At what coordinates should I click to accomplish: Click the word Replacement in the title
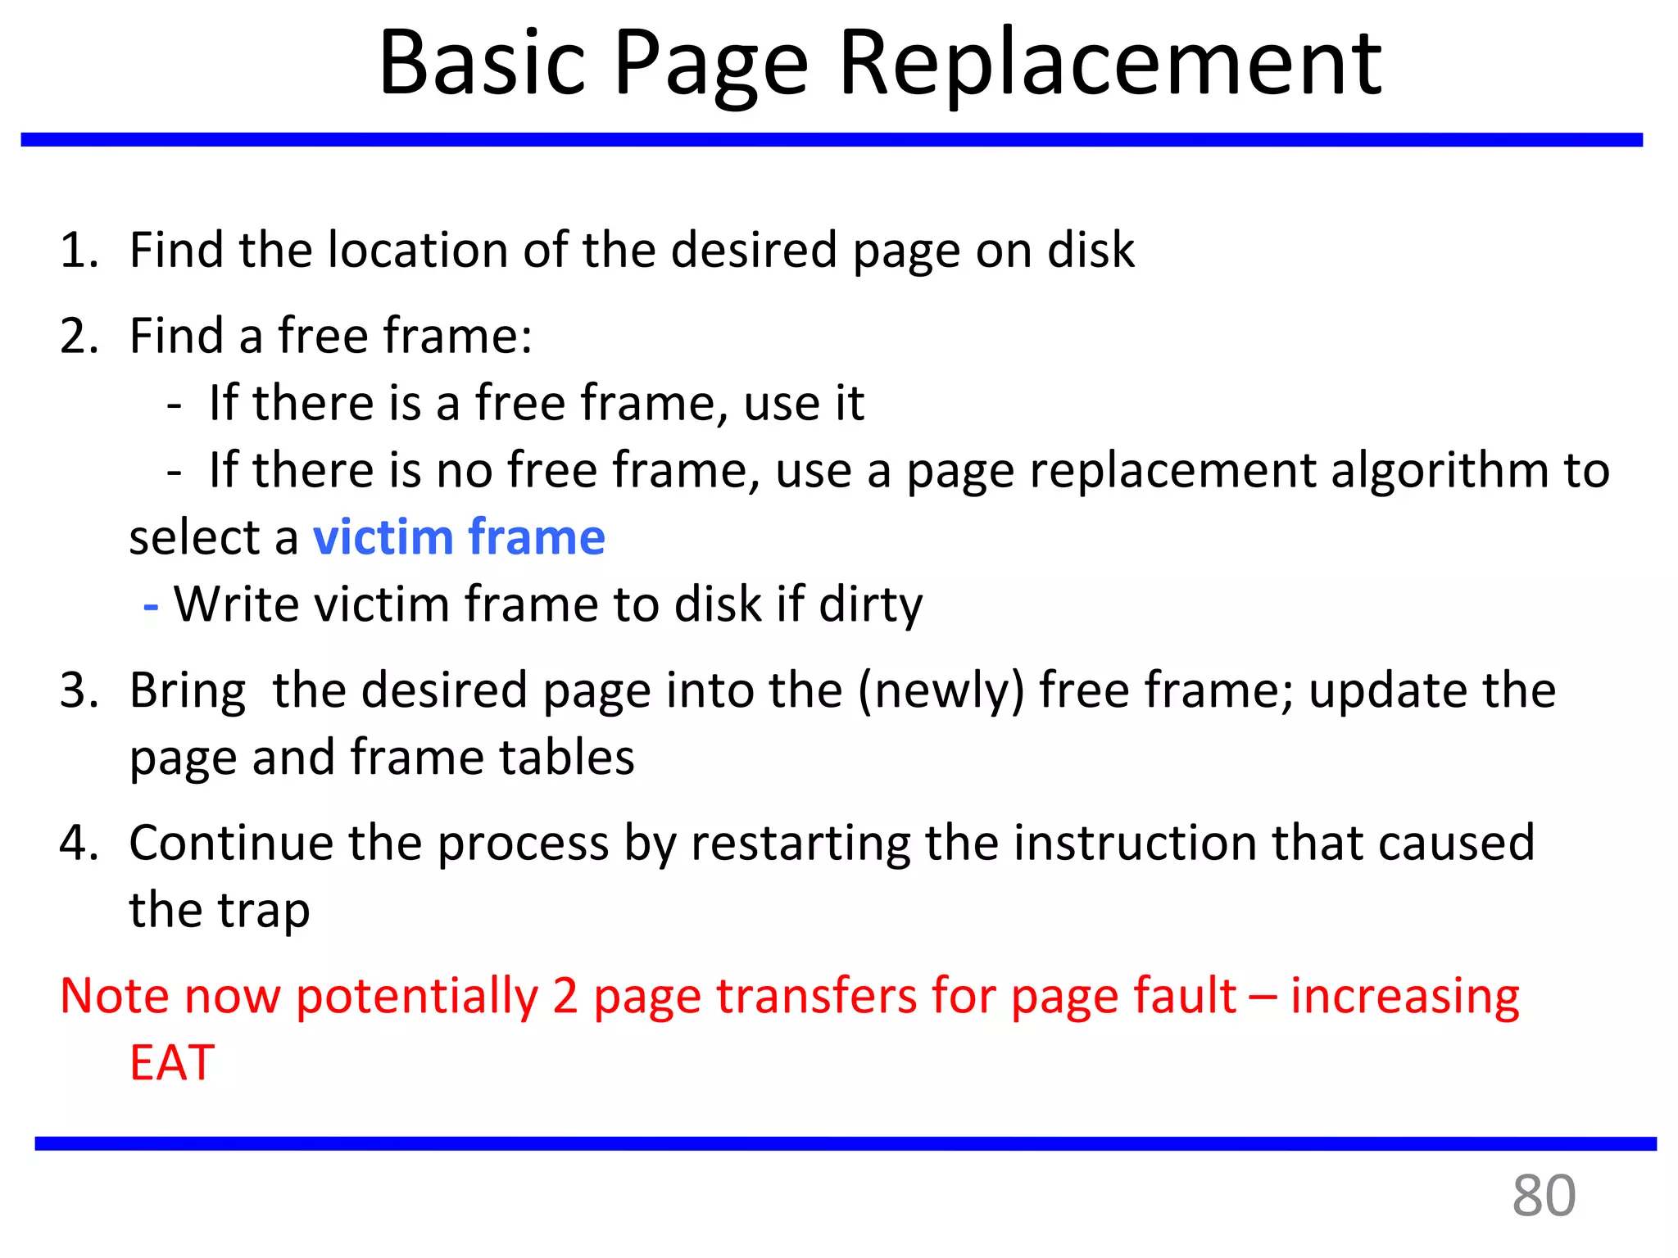click(x=1110, y=64)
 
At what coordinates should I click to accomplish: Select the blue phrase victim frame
click(x=459, y=537)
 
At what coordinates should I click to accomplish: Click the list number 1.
click(x=78, y=250)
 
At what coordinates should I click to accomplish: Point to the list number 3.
click(x=78, y=690)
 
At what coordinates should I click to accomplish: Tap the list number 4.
click(x=78, y=843)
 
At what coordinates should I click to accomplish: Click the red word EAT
click(x=172, y=1063)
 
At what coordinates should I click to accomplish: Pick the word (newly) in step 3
click(x=941, y=690)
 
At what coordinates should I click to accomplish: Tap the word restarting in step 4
click(x=800, y=843)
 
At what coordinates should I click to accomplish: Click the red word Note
click(x=115, y=996)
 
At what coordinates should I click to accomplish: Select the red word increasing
click(x=1404, y=996)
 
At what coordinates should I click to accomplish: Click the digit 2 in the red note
click(x=565, y=996)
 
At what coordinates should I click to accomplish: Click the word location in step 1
click(x=418, y=250)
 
